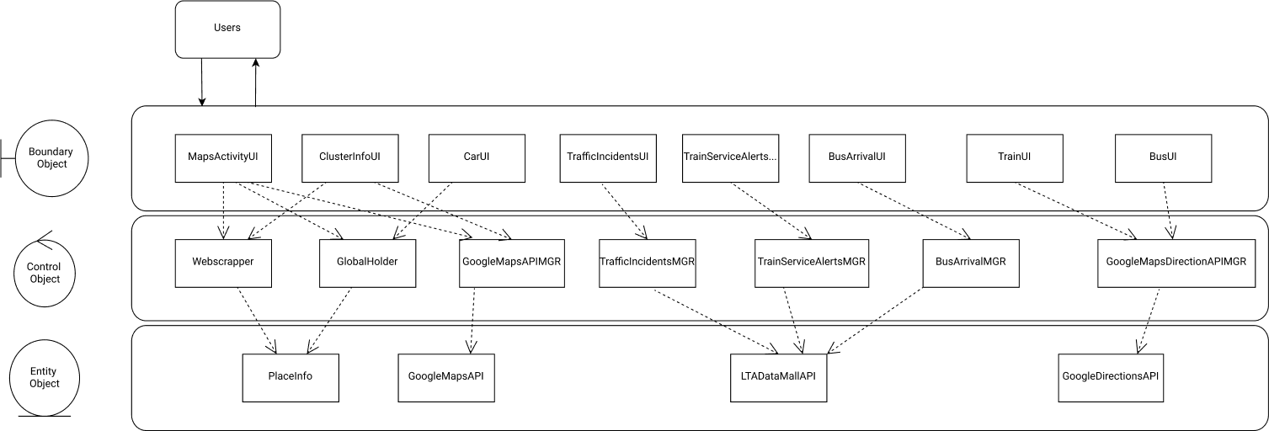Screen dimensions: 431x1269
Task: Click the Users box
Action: (x=227, y=29)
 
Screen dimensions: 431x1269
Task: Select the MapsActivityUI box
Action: (x=223, y=157)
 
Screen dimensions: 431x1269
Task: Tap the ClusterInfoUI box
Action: (x=349, y=157)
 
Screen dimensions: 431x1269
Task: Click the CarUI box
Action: (x=477, y=157)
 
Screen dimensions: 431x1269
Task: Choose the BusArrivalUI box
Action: (x=856, y=157)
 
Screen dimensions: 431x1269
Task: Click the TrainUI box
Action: (x=1014, y=157)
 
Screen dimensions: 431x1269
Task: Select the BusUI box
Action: (x=1163, y=157)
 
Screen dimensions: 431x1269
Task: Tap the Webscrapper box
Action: (x=223, y=262)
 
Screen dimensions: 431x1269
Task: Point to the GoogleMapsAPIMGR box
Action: (x=511, y=262)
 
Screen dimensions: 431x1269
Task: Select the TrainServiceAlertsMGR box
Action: (x=811, y=262)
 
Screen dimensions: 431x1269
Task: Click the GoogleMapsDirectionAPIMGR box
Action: (x=1175, y=262)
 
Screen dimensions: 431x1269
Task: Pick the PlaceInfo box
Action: (x=291, y=376)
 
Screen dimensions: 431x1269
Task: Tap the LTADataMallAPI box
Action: (x=778, y=376)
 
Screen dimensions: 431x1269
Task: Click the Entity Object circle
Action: (x=45, y=377)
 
